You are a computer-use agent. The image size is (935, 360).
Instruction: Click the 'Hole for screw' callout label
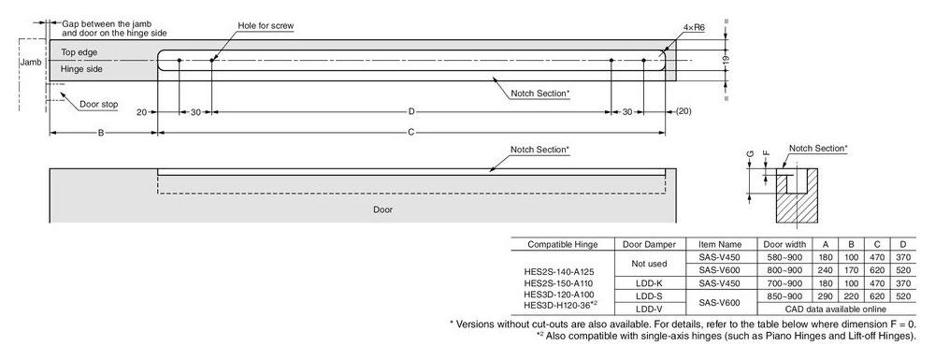click(x=266, y=25)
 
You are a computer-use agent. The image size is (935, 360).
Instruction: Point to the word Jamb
click(x=30, y=62)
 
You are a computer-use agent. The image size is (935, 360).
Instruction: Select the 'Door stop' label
click(x=98, y=105)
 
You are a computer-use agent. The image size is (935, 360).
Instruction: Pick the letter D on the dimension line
click(x=411, y=111)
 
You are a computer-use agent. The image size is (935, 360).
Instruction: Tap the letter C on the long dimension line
click(x=410, y=133)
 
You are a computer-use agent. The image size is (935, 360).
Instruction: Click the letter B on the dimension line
click(x=101, y=133)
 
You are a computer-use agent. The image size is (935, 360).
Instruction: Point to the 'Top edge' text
click(x=79, y=52)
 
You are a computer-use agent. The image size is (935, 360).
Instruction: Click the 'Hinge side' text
click(x=81, y=69)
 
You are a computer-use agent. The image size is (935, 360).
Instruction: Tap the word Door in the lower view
click(x=382, y=209)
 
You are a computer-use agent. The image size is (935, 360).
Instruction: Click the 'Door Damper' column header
click(x=650, y=244)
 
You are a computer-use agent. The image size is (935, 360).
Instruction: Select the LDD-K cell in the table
click(x=650, y=283)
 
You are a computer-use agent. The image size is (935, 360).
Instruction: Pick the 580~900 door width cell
click(x=784, y=257)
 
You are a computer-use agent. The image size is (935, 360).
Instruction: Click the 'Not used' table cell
click(x=650, y=264)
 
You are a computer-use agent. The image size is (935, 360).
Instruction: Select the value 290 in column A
click(x=826, y=296)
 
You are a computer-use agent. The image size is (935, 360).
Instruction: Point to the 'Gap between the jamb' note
click(x=108, y=24)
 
